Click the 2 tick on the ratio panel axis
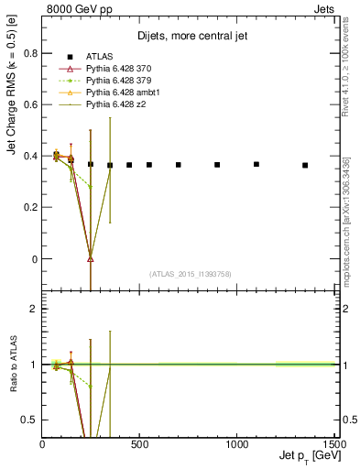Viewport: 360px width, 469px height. [x=34, y=309]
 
